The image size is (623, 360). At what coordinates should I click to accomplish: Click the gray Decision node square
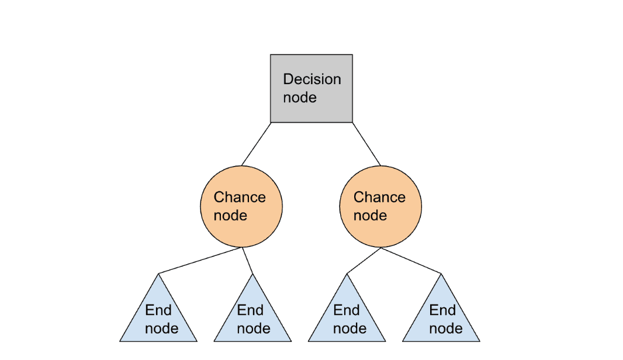(311, 88)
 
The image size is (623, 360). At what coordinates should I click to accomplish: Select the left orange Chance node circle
(241, 206)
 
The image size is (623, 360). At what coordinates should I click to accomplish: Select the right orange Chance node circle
(380, 206)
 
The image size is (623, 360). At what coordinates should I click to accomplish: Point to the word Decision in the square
(311, 79)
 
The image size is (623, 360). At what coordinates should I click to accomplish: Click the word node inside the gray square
(300, 98)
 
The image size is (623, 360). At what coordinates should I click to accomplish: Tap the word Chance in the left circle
(240, 198)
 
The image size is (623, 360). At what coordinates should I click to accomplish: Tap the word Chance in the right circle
(379, 198)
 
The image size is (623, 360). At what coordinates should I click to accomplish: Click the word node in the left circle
(230, 216)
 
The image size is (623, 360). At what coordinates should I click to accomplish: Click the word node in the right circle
(370, 216)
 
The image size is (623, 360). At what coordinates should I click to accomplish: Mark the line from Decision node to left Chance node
(256, 144)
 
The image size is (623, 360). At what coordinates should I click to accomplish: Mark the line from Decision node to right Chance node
(366, 144)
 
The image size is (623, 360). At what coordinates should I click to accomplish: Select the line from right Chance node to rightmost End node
(412, 260)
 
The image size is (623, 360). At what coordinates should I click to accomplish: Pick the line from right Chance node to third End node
(364, 260)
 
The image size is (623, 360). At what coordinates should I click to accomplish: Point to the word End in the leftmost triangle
(158, 310)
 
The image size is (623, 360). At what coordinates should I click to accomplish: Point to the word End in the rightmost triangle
(442, 310)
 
